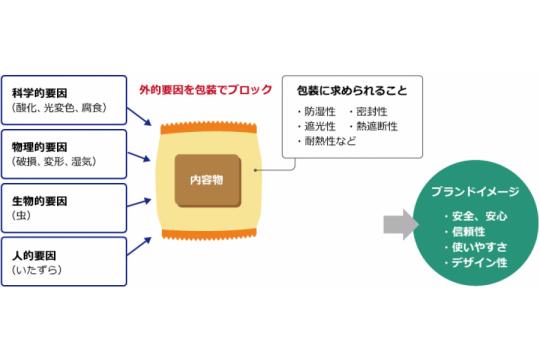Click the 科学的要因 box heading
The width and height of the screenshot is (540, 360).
[42, 86]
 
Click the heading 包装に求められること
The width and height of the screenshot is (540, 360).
[346, 90]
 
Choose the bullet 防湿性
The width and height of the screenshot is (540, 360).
[320, 112]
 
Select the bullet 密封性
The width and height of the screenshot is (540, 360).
[371, 112]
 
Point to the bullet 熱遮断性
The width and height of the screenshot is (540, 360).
[375, 127]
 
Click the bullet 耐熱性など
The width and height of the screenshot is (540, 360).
[329, 142]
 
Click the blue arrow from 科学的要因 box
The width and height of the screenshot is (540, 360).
[141, 118]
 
